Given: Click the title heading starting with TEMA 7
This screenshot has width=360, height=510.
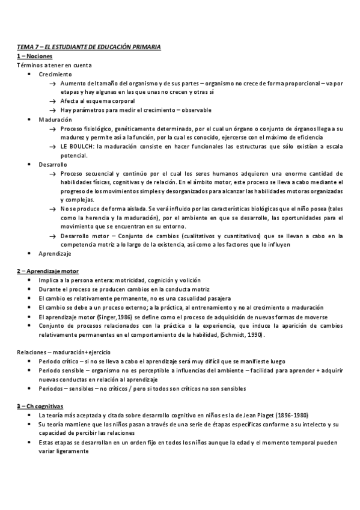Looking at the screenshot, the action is click(x=89, y=46).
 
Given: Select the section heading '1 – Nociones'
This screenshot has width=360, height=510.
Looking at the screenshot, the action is click(x=35, y=55).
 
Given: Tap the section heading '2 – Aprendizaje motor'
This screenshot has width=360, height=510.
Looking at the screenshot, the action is click(x=47, y=271).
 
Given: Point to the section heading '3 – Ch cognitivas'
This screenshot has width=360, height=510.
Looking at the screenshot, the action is click(x=41, y=407).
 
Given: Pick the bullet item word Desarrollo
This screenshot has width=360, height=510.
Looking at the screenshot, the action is click(x=53, y=164).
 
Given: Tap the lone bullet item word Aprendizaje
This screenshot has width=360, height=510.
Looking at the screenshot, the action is click(x=54, y=254).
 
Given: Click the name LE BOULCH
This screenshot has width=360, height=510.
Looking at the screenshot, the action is click(x=76, y=146).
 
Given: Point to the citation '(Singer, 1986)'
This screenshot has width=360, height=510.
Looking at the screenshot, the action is click(x=110, y=316).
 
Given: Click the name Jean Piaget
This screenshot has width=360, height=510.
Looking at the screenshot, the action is click(x=256, y=416).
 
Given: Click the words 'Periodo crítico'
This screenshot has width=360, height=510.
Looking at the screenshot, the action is click(x=58, y=361).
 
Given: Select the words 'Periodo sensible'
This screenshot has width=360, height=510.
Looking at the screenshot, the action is click(x=59, y=370).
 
